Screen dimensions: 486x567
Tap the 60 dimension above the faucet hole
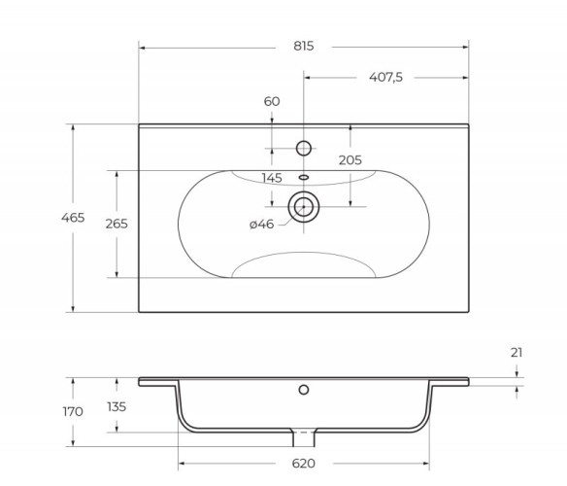[x=272, y=102]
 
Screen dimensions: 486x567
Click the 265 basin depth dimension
[x=117, y=224]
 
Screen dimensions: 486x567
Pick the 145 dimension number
[x=273, y=178]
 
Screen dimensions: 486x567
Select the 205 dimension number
[x=350, y=159]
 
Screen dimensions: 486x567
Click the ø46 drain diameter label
[x=261, y=226]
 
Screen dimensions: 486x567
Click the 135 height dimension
[x=116, y=407]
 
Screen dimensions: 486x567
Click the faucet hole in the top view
[x=303, y=148]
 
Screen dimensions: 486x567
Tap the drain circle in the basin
[x=303, y=206]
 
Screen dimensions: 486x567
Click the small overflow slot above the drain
[x=303, y=177]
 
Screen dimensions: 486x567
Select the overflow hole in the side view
[x=303, y=391]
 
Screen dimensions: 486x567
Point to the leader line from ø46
[x=282, y=223]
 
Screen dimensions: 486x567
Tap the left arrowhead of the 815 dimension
[x=143, y=47]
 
